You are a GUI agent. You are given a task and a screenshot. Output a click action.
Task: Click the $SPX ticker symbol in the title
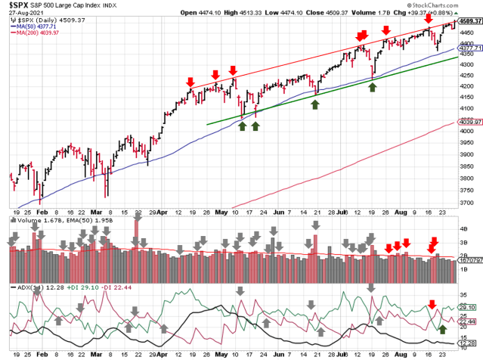pos(16,5)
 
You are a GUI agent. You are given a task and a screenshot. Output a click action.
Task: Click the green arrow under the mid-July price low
pos(372,88)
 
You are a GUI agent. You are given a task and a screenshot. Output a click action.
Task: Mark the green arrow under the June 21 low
pos(315,104)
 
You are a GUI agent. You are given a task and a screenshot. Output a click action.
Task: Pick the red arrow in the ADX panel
pos(432,304)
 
